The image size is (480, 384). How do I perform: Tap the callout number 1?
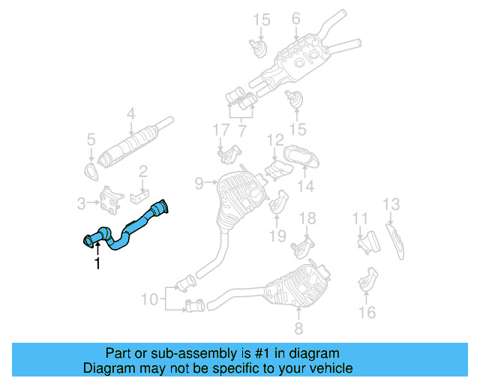point(96,263)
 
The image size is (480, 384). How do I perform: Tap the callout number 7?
point(242,130)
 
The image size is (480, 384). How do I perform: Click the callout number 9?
point(199,182)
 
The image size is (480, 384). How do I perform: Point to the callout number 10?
point(150,298)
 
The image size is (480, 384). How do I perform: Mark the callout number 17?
point(220,130)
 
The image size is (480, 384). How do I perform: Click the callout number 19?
point(277,235)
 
